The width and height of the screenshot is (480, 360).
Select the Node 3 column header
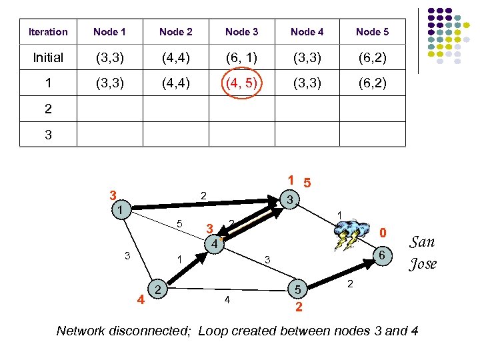241,31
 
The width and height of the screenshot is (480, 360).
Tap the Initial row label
48,58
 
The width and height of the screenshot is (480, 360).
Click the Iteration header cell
48,31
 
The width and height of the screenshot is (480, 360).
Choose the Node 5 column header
372,31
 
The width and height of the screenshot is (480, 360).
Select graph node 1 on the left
119,210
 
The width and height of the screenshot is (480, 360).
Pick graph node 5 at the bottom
297,289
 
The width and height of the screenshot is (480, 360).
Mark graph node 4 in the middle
213,245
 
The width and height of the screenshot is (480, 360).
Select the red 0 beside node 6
383,233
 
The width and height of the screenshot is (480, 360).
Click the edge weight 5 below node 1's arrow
179,223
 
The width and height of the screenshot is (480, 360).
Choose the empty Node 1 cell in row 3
110,133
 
